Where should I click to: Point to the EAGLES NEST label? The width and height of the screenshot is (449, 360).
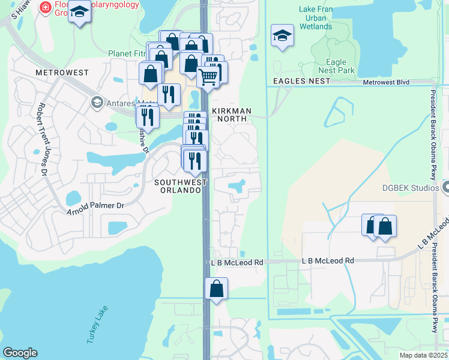(301, 81)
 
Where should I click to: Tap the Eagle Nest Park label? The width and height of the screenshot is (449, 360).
(336, 66)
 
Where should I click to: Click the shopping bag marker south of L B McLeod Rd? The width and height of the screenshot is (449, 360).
(216, 289)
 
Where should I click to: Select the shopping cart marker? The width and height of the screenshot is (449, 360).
(208, 76)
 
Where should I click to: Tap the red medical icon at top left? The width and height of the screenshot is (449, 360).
(44, 8)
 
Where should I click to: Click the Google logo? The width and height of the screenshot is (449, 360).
(20, 353)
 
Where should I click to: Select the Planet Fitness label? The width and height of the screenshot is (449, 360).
(127, 53)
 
